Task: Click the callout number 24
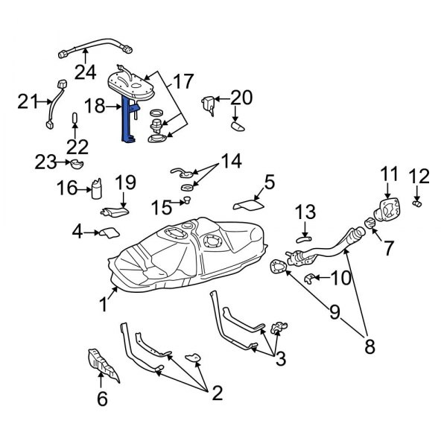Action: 85,72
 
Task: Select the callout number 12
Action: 420,177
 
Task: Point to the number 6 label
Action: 103,399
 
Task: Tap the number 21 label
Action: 27,102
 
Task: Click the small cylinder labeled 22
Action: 75,119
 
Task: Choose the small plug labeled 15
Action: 186,200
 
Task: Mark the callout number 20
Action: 241,98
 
